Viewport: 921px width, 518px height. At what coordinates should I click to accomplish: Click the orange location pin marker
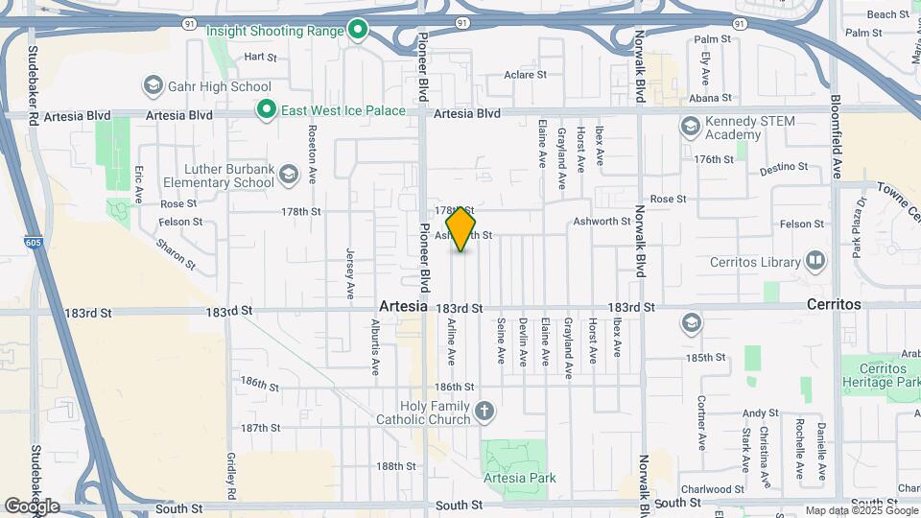(x=460, y=228)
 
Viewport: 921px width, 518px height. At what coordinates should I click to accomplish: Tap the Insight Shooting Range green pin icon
(x=358, y=31)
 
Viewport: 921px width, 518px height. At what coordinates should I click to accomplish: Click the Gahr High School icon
(x=153, y=86)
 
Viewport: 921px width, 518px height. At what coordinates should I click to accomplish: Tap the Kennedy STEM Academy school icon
(x=690, y=127)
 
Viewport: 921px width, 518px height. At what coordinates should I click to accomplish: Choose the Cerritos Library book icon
(x=815, y=261)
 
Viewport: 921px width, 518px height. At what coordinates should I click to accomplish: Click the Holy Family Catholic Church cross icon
(x=485, y=412)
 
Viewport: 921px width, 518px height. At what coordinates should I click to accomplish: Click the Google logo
(x=32, y=506)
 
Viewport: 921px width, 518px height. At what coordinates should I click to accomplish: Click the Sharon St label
(x=176, y=251)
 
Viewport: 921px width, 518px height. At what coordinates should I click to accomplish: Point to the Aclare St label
(x=525, y=74)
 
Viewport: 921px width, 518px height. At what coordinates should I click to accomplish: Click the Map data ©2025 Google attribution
(x=861, y=510)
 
